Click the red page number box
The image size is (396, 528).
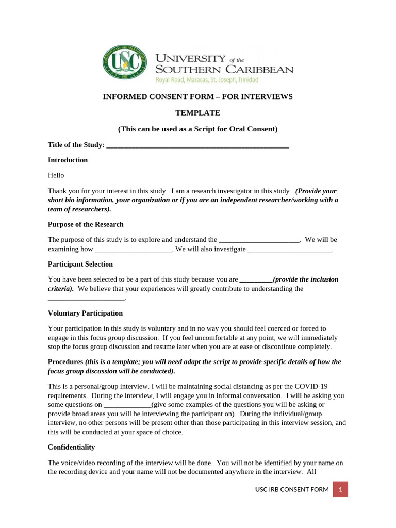click(340, 489)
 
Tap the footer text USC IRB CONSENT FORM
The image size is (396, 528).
click(292, 489)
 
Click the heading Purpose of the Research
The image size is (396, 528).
click(86, 224)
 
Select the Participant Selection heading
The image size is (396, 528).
click(80, 264)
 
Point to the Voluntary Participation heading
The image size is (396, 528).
click(85, 313)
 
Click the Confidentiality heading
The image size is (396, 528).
click(71, 447)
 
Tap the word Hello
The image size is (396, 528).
click(56, 175)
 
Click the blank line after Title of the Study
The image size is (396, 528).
click(197, 145)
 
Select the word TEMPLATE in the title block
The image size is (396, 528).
click(197, 112)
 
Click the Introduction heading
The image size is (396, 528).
click(68, 160)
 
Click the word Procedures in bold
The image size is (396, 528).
click(65, 361)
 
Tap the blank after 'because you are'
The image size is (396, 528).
click(256, 279)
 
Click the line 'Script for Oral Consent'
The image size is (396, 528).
click(197, 129)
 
